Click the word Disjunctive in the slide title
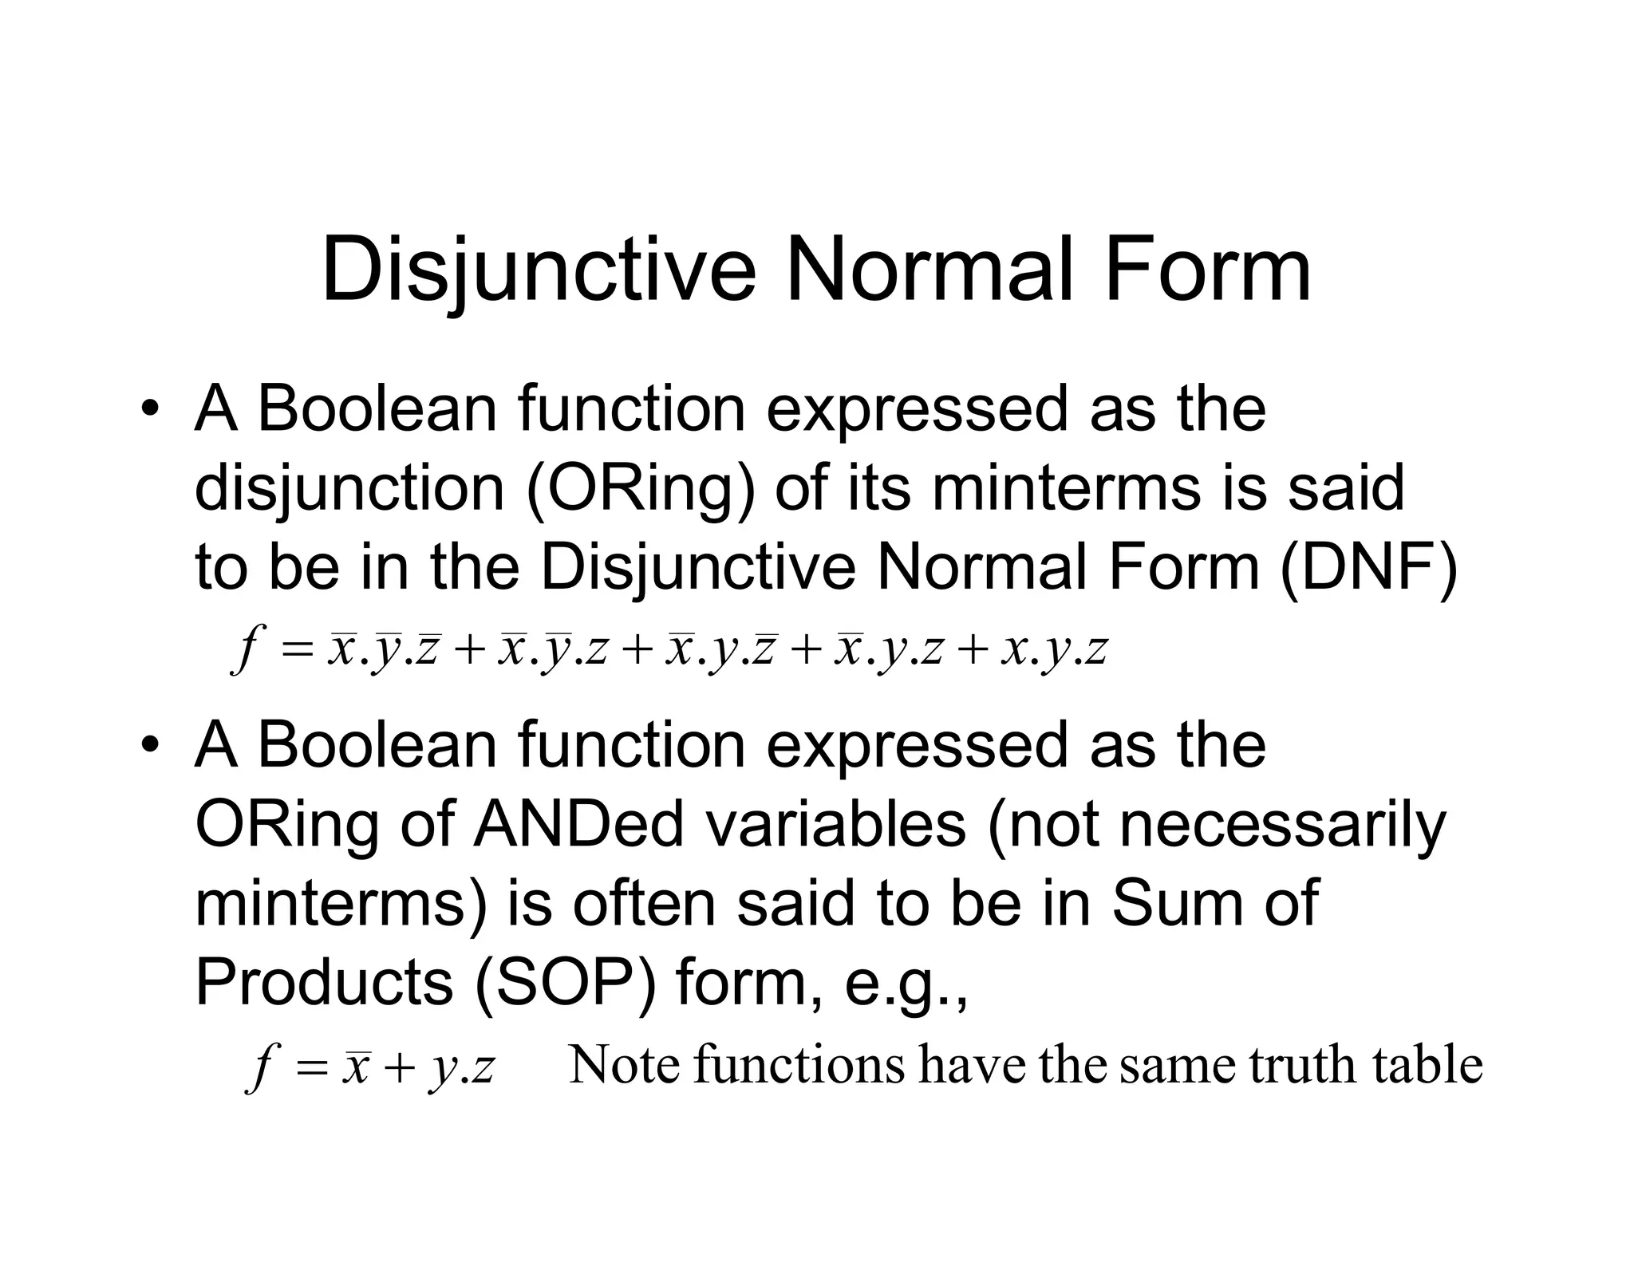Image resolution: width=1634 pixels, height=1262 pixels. pos(539,271)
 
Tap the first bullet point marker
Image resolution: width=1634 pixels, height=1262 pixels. pos(148,412)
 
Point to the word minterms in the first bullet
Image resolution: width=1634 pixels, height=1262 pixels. pos(1066,487)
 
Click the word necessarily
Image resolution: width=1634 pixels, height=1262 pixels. pos(1282,825)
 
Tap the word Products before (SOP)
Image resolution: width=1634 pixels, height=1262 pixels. pos(324,983)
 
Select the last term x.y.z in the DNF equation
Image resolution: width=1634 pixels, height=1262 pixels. pos(1055,650)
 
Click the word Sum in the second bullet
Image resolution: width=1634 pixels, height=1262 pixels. pos(1171,904)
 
